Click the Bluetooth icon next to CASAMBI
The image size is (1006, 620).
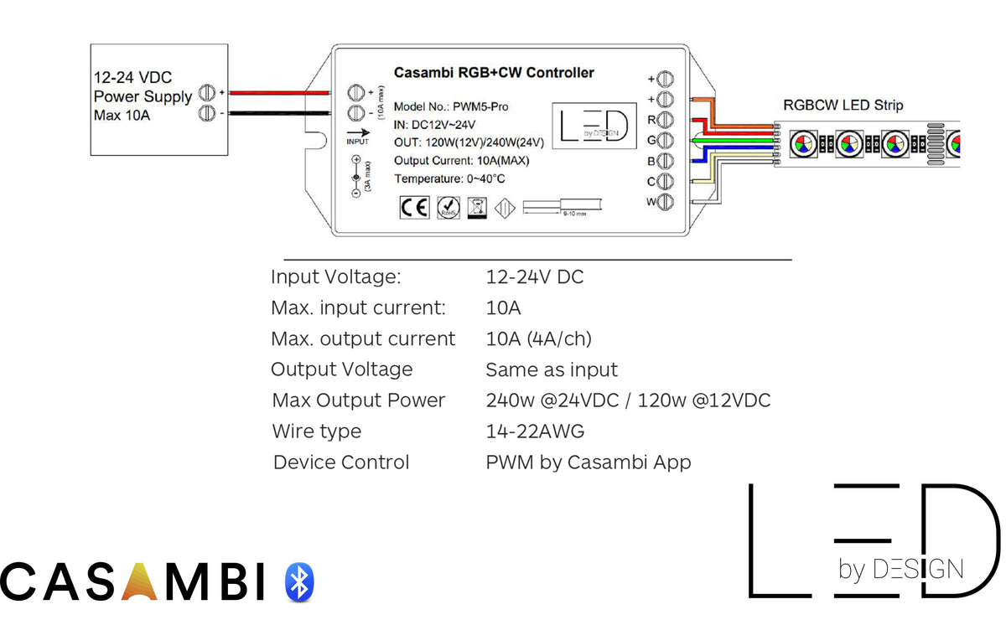298,581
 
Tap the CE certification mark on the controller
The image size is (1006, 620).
414,207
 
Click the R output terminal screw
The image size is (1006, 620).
665,120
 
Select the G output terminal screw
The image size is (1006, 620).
665,140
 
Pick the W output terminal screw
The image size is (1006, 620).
665,201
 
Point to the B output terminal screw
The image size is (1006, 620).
665,161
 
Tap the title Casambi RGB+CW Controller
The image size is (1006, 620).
494,73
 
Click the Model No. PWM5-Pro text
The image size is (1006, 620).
450,106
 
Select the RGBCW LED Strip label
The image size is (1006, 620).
843,106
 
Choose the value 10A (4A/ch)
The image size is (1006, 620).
538,338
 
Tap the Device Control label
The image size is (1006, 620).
341,462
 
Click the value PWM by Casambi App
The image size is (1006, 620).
588,462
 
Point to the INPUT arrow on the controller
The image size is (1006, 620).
357,132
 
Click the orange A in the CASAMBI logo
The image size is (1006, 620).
138,581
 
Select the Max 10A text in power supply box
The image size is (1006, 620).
122,115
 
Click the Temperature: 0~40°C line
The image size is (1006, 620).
449,178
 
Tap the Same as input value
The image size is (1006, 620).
551,369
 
